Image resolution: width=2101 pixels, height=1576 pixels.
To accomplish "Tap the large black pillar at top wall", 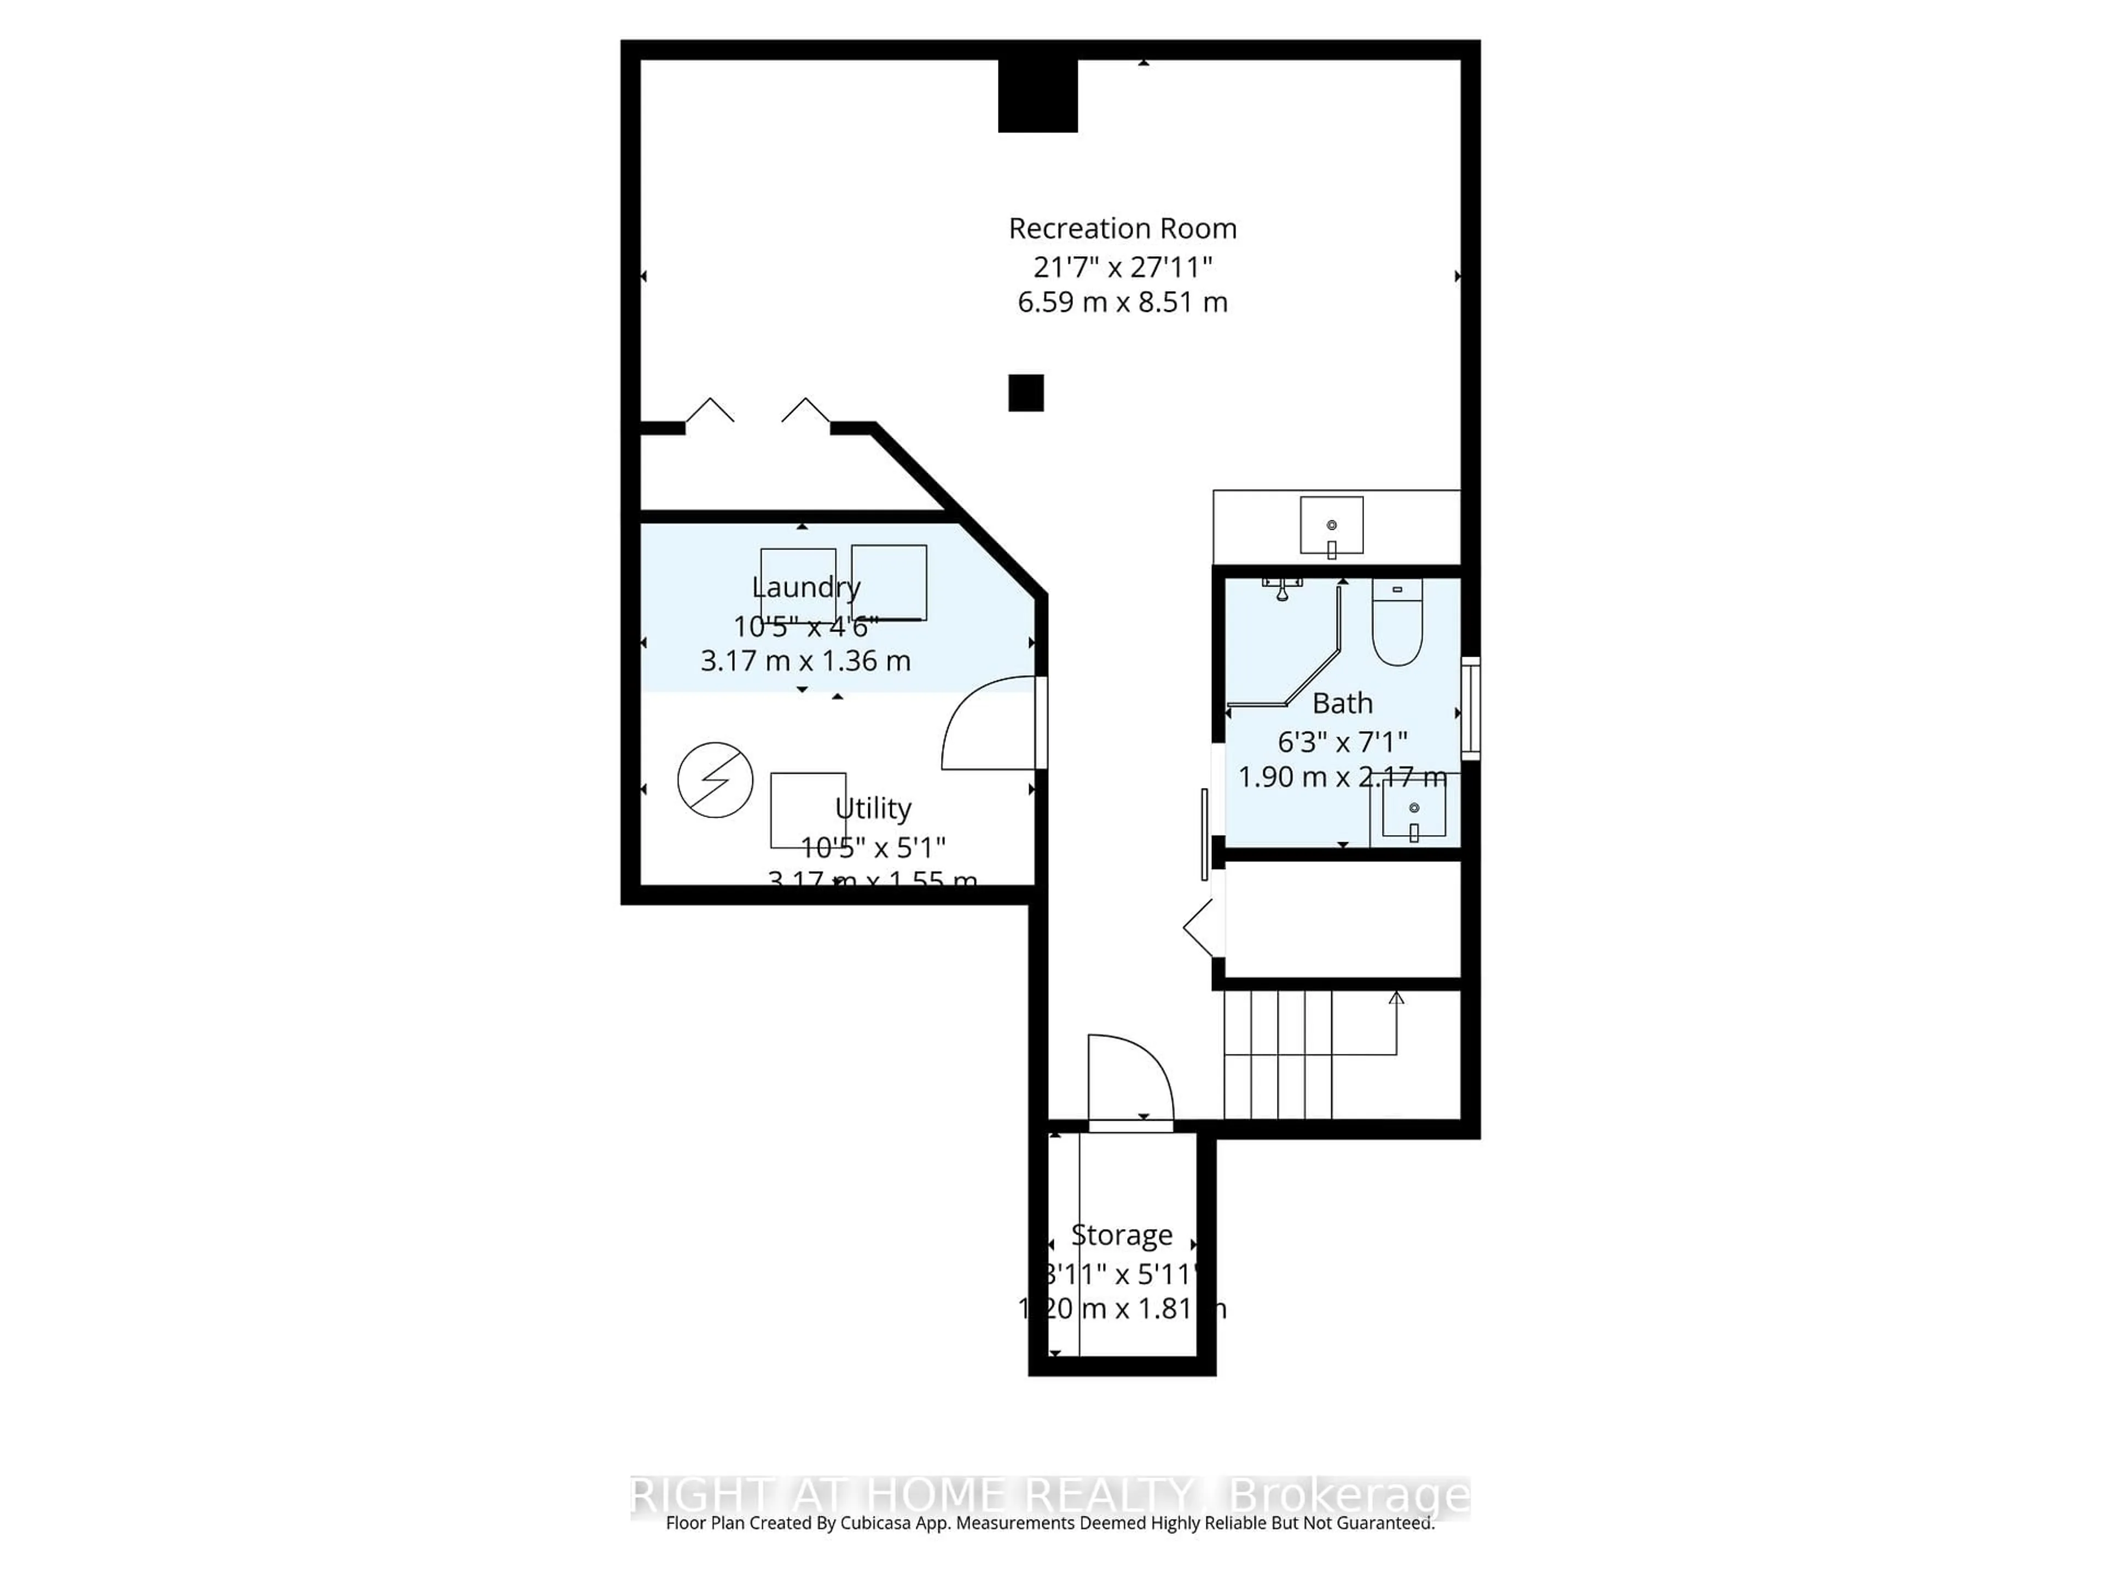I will (1037, 95).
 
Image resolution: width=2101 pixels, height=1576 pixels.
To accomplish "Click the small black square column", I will (1026, 392).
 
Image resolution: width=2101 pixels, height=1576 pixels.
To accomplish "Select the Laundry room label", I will (805, 587).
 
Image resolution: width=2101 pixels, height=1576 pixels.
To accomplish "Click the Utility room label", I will (873, 808).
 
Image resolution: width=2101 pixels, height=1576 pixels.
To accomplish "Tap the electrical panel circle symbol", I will (715, 780).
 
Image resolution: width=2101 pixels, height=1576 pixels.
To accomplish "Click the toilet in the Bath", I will (1397, 625).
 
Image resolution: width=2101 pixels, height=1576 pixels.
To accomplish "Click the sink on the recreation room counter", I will (1332, 525).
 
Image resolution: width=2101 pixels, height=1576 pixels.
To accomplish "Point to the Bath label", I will (1342, 704).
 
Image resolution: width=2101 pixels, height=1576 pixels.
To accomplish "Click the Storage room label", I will (1122, 1235).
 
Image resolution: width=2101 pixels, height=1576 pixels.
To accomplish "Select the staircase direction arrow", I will (1396, 999).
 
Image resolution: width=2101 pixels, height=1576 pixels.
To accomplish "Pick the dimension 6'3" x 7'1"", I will (1342, 741).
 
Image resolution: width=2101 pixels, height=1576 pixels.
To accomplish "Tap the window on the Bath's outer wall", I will (1470, 708).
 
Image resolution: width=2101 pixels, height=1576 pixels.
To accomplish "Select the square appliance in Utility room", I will (808, 809).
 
